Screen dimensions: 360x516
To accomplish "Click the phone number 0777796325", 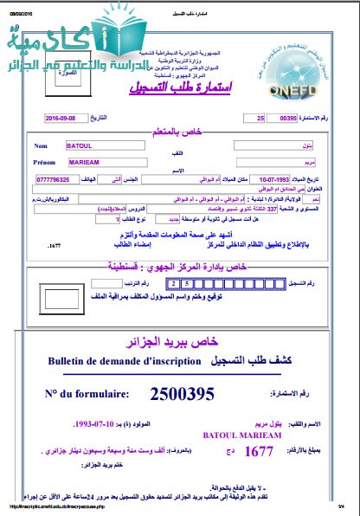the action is [x=56, y=181].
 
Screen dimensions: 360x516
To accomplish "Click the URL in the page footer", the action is [x=61, y=506].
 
